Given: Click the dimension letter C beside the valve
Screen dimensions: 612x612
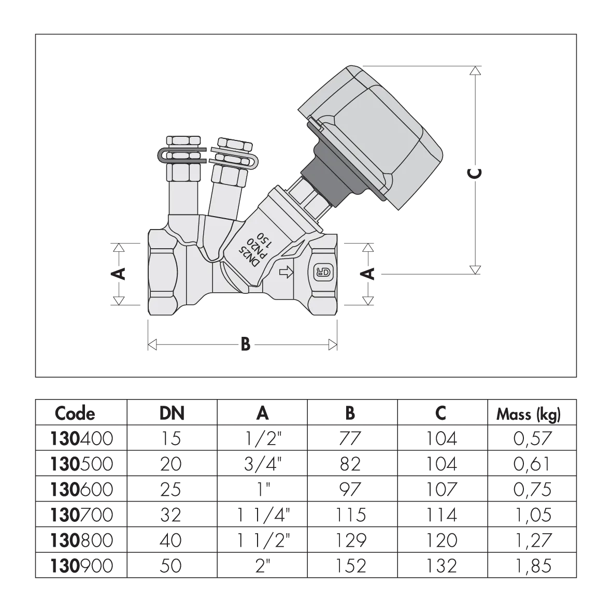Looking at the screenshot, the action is (475, 173).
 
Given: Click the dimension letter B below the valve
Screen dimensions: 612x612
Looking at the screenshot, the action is (246, 345).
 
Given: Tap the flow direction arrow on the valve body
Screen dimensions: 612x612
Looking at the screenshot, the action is (287, 273).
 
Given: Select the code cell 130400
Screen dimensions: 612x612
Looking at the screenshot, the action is (81, 438).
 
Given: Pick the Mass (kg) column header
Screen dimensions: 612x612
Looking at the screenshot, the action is (529, 414).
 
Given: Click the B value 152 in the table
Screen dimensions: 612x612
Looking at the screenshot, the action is (350, 566).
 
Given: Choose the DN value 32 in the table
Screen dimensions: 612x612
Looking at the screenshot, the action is (171, 515).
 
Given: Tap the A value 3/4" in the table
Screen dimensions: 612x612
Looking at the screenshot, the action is (263, 464).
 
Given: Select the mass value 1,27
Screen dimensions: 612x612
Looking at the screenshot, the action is (532, 540).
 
